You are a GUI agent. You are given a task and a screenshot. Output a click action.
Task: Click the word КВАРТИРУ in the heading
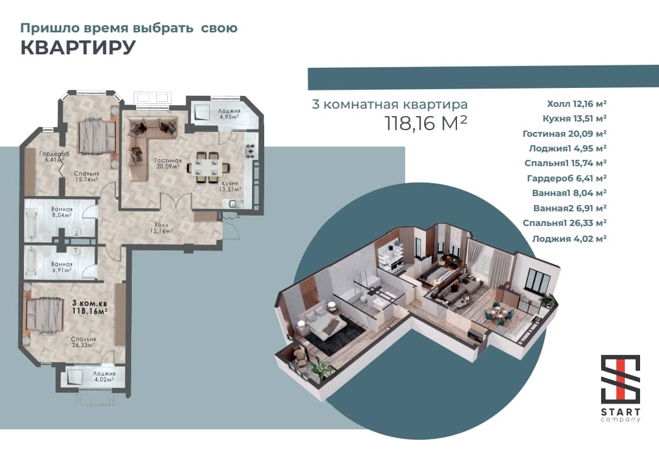click(78, 47)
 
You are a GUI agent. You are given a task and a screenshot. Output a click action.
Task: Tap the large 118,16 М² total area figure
click(426, 123)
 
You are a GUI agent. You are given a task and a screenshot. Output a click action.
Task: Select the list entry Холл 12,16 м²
click(577, 103)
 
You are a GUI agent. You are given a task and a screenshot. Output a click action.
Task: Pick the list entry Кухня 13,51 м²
click(575, 118)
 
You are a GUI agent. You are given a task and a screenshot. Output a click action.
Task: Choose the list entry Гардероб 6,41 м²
click(566, 178)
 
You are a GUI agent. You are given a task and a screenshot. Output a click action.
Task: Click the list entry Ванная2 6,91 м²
click(570, 208)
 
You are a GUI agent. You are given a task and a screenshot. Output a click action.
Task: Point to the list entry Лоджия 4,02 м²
click(569, 239)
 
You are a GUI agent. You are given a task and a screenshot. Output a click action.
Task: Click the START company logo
click(621, 388)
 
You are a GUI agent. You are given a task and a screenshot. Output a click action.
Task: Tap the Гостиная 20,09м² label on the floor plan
click(168, 163)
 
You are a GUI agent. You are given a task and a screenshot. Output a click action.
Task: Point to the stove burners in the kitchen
click(250, 151)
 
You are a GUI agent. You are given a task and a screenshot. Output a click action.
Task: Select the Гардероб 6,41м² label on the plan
click(54, 157)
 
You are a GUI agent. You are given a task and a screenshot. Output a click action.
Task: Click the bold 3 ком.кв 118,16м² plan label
click(89, 307)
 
